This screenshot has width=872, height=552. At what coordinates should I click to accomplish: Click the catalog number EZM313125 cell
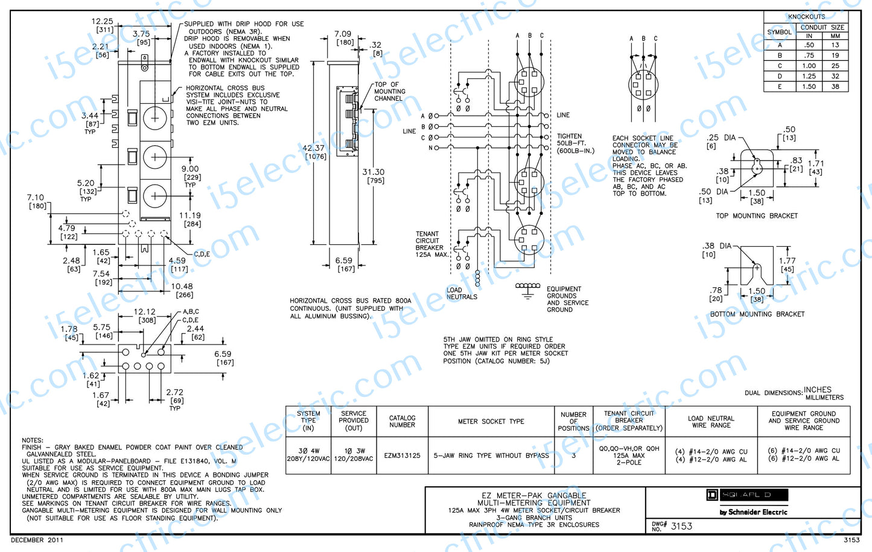click(402, 455)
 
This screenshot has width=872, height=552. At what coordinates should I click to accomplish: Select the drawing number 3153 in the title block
click(681, 526)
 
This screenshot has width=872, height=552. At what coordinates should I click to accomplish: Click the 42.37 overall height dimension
click(313, 148)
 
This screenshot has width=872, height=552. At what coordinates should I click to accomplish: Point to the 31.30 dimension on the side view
click(374, 172)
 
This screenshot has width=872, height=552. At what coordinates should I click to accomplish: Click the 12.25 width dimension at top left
click(102, 21)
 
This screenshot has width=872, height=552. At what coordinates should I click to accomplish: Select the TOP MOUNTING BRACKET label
click(757, 215)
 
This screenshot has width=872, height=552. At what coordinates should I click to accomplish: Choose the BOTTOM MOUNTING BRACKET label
click(757, 314)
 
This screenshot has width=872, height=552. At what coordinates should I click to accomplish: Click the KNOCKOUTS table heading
click(806, 17)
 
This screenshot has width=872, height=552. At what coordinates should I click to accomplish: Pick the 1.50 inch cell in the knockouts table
click(809, 86)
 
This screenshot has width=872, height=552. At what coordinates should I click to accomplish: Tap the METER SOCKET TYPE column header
click(491, 421)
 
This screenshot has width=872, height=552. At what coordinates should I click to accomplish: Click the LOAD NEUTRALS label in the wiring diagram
click(462, 293)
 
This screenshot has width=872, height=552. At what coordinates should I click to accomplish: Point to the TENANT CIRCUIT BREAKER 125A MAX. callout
click(431, 244)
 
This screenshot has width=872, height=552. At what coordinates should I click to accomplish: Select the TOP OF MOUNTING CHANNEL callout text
click(389, 91)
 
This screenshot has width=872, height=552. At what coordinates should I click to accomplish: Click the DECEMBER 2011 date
click(37, 540)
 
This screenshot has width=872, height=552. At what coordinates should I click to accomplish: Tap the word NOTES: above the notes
click(33, 440)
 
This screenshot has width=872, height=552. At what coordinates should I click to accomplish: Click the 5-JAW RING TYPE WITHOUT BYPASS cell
click(491, 455)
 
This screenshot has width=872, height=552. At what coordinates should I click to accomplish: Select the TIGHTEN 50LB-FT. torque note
click(574, 144)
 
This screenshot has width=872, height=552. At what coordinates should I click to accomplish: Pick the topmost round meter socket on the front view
click(155, 117)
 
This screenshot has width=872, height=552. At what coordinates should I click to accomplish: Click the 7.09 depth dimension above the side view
click(343, 34)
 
